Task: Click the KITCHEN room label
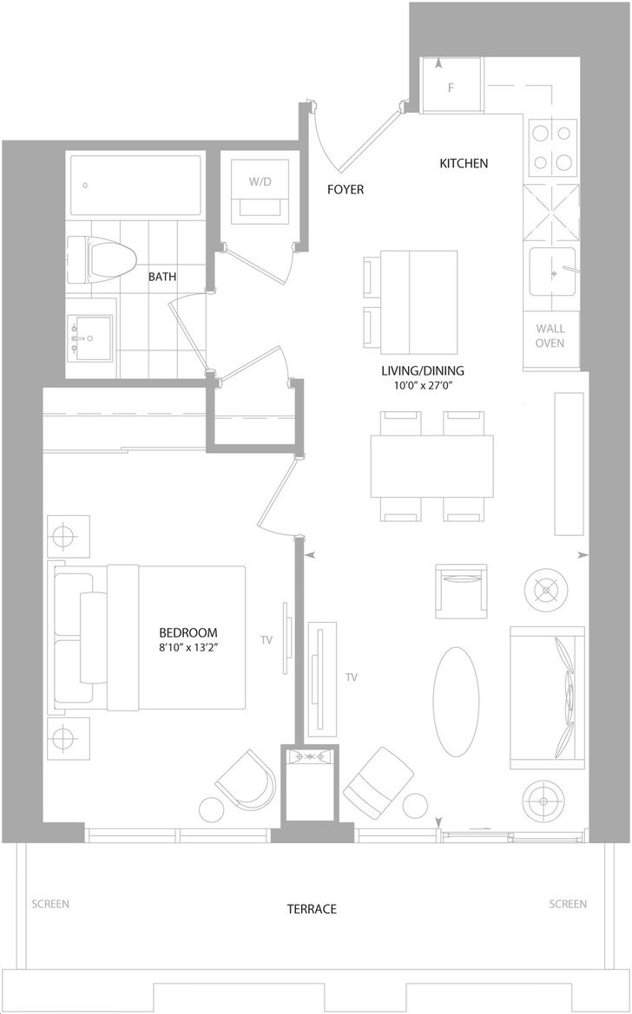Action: coord(464,164)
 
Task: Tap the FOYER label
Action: coord(346,189)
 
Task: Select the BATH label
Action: coord(161,277)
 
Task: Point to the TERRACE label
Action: coord(312,909)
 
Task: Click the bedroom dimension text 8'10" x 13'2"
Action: coord(189,648)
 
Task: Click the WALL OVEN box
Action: coord(550,337)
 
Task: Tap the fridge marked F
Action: coord(451,85)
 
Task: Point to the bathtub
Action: coord(135,185)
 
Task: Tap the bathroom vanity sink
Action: coord(89,337)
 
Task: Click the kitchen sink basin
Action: coord(552,272)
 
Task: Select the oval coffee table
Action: coord(456,702)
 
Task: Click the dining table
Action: coord(432,467)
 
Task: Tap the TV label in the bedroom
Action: coord(267,640)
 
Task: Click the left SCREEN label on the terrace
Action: coord(50,904)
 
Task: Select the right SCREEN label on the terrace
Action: coord(568,904)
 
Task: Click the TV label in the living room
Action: coord(352,677)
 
